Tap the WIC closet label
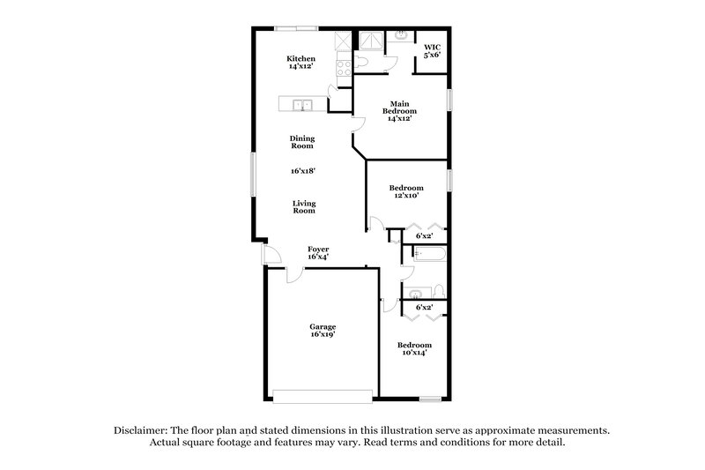coord(432,51)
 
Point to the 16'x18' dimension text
coord(302,172)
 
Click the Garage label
coord(322,331)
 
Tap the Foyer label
coord(317,253)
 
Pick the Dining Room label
coord(302,142)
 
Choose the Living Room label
coord(304,207)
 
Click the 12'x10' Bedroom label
coord(406,191)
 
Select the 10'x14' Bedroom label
coord(413,348)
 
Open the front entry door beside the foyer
coord(271,254)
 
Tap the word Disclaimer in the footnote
coord(141,429)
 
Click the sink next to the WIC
coord(401,36)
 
